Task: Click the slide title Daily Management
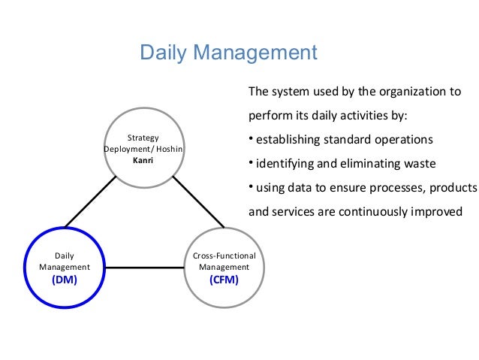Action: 229,53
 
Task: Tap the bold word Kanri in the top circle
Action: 143,160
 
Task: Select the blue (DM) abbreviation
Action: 65,280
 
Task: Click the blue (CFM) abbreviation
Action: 224,280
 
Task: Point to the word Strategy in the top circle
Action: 143,138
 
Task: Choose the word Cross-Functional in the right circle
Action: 224,256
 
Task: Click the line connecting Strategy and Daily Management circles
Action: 90,202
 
